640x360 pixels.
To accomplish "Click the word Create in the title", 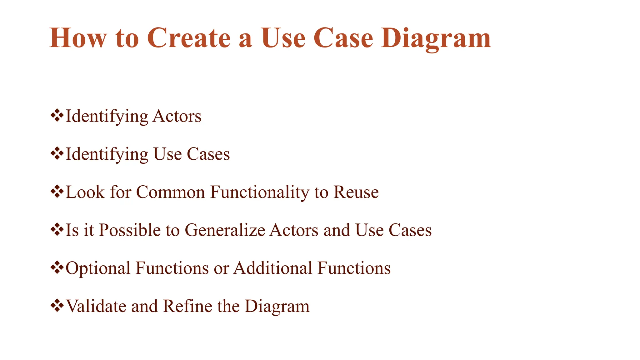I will tap(189, 38).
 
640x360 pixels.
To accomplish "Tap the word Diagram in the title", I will tap(436, 38).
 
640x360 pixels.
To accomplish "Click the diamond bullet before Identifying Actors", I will tap(57, 116).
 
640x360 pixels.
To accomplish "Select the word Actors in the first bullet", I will tap(177, 116).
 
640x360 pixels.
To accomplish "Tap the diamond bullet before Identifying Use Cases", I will tap(57, 153).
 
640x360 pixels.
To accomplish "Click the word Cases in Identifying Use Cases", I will tap(208, 154).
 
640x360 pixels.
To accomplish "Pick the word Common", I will tap(170, 192).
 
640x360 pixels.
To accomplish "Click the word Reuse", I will tap(356, 192).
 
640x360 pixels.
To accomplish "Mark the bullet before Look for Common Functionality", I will tap(57, 192).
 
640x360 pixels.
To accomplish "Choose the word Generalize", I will tap(225, 230).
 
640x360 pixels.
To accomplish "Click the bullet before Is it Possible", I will tap(57, 230).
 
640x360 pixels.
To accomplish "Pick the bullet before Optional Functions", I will tap(57, 268).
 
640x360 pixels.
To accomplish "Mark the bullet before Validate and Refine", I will tap(57, 306).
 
